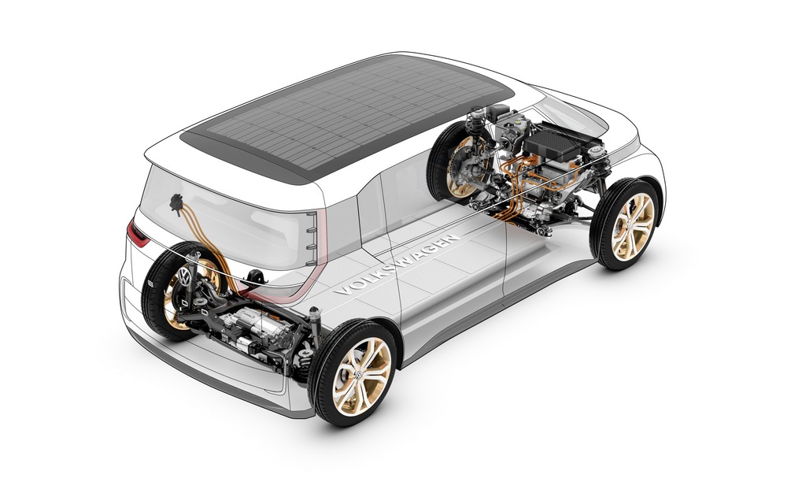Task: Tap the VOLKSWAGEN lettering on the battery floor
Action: tap(397, 265)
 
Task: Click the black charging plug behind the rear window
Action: tap(176, 203)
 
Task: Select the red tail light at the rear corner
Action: tap(139, 232)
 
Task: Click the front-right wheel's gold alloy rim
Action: tap(633, 226)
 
